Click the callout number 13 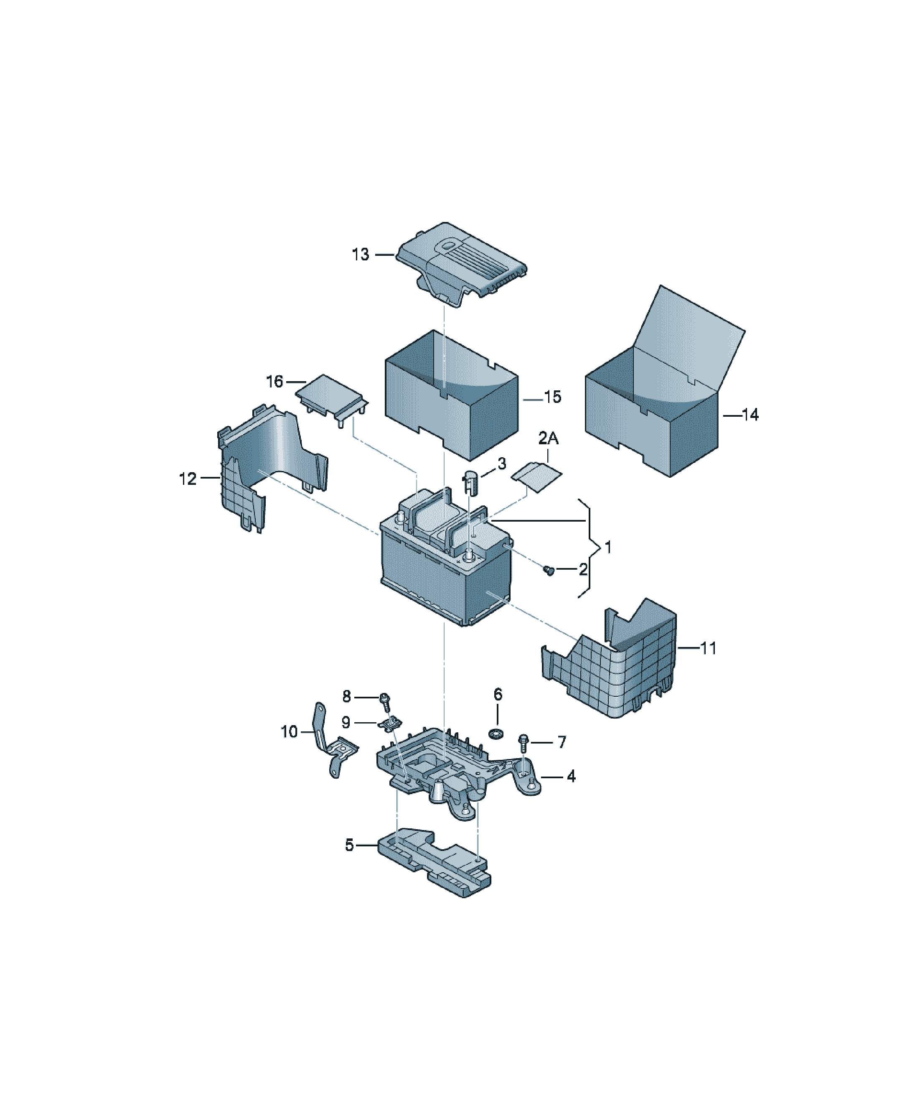(x=361, y=255)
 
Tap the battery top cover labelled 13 (x=460, y=263)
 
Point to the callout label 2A (x=548, y=438)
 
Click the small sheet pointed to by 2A (x=536, y=476)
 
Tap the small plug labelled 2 (x=549, y=570)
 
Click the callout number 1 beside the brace (x=608, y=547)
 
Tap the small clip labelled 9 (x=390, y=725)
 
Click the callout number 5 (x=349, y=845)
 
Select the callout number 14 (x=750, y=415)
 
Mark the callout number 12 (x=188, y=479)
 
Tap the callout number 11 (x=708, y=648)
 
